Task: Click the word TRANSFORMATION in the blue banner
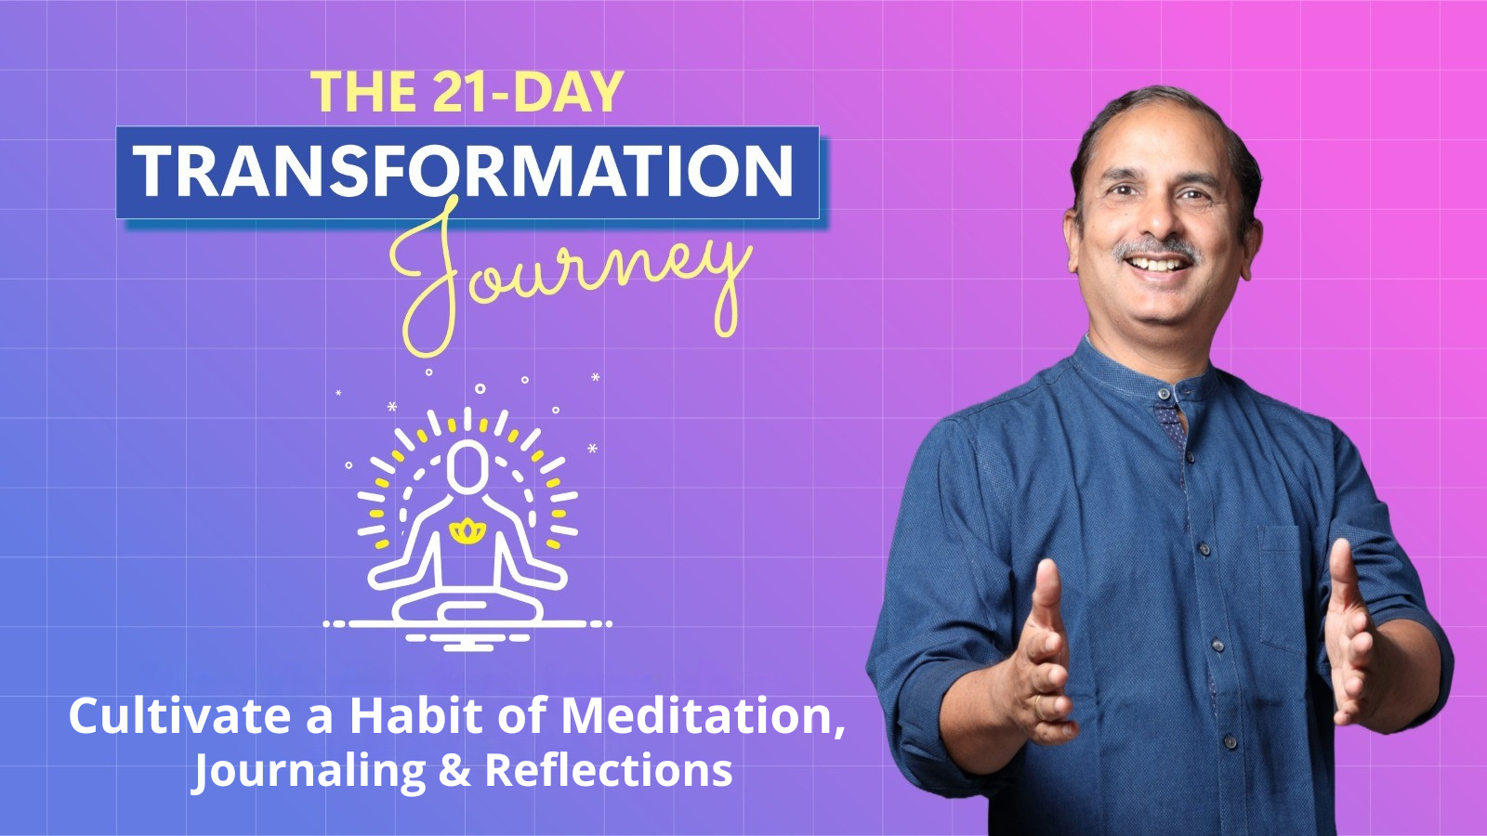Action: pyautogui.click(x=465, y=172)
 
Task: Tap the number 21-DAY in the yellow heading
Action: pyautogui.click(x=528, y=92)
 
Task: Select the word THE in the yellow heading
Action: pyautogui.click(x=363, y=92)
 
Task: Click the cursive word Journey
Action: pyautogui.click(x=567, y=274)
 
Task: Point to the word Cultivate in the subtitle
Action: pyautogui.click(x=179, y=716)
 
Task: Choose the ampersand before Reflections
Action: pyautogui.click(x=454, y=771)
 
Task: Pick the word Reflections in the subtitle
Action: pyautogui.click(x=609, y=771)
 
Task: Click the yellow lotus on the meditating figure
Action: pyautogui.click(x=467, y=531)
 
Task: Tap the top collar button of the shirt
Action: pyautogui.click(x=1164, y=394)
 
